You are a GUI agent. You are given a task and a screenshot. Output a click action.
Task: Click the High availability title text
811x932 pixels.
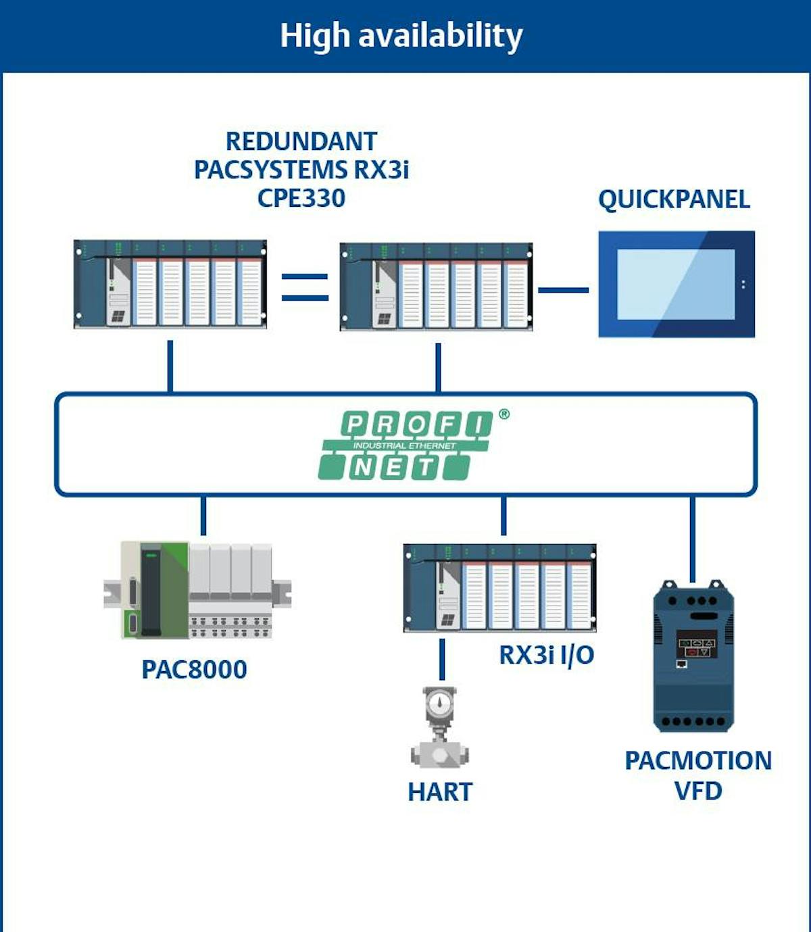point(401,36)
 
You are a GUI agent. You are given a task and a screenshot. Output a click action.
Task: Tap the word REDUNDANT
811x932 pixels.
point(301,142)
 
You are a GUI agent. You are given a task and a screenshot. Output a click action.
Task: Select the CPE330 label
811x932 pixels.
point(301,198)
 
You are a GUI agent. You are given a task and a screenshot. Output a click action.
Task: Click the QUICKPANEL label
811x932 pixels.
point(674,199)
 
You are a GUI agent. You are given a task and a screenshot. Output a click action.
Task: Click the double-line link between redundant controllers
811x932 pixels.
point(305,287)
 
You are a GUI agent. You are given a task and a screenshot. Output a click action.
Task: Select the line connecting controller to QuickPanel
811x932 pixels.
point(563,290)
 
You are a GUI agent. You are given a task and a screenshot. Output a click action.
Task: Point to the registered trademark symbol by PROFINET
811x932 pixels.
point(504,414)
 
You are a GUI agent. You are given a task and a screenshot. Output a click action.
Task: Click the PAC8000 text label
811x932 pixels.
point(194,670)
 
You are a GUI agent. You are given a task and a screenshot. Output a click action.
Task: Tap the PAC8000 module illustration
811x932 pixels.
point(197,590)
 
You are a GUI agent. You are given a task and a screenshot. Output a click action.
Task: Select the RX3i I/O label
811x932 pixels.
point(546,655)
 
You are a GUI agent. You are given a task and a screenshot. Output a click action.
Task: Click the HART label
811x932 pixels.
point(440,792)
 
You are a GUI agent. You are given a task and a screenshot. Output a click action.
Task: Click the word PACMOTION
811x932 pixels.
point(698,761)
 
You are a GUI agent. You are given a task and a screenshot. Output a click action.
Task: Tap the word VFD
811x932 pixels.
point(698,791)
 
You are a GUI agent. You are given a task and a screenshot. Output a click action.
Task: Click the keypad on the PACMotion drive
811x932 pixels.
point(696,647)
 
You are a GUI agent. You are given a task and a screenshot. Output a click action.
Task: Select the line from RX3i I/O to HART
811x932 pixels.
point(442,659)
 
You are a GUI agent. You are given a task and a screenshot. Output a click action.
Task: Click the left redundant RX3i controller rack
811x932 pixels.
point(170,284)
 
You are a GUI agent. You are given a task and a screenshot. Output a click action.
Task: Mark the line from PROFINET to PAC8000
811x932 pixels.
point(203,516)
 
